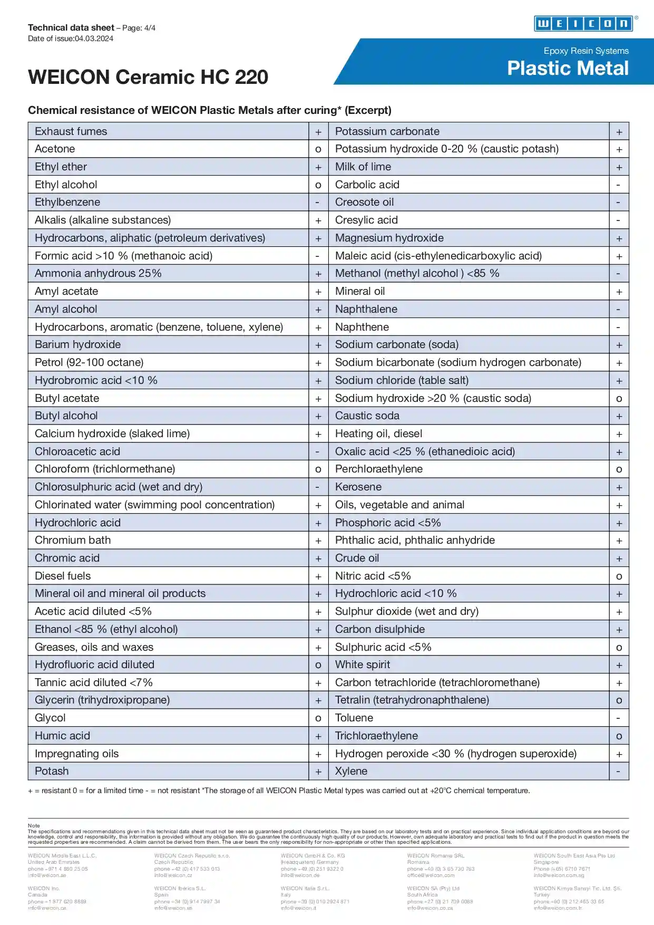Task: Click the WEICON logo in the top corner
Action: tap(583, 24)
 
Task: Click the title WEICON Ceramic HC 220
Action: tap(148, 77)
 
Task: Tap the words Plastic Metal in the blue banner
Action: tap(568, 69)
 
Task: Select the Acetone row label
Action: tap(55, 149)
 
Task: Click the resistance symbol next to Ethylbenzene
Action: tap(318, 203)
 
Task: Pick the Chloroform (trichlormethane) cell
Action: tap(105, 469)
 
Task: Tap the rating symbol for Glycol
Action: tap(318, 718)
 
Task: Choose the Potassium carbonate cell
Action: tap(387, 131)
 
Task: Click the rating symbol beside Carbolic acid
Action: tap(619, 185)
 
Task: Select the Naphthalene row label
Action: tap(366, 309)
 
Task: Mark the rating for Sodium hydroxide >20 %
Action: tap(619, 399)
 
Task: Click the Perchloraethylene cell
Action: tap(379, 469)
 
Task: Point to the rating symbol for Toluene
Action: tap(619, 718)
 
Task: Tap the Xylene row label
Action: tap(352, 771)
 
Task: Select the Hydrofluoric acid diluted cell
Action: tap(94, 664)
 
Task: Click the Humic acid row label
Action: tap(62, 736)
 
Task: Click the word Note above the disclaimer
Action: tap(34, 825)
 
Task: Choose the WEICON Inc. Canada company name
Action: tap(44, 888)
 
